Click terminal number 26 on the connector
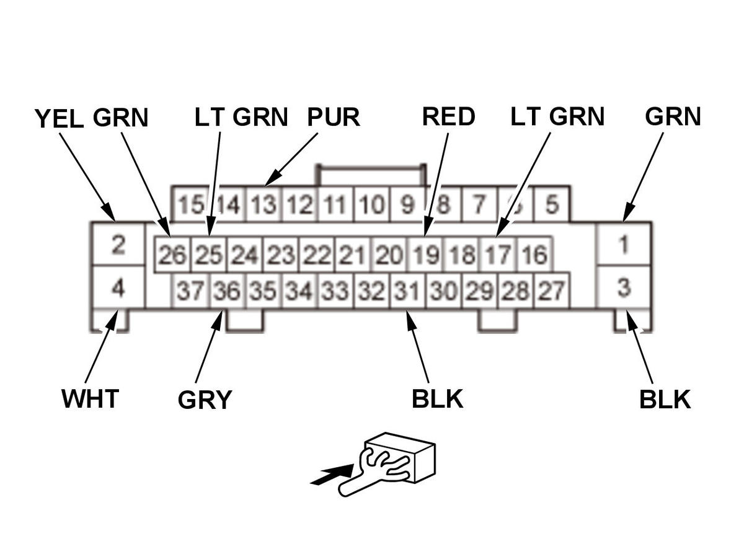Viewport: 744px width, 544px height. (172, 255)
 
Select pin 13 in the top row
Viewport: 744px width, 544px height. (264, 204)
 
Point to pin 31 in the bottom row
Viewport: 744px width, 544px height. (407, 290)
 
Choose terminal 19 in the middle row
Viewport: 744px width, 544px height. (425, 255)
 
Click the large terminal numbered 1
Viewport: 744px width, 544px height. (623, 245)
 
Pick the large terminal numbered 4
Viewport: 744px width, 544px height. (118, 288)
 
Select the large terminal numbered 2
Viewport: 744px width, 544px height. (118, 245)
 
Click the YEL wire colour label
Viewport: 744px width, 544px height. (59, 118)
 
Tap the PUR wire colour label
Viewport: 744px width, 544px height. (334, 117)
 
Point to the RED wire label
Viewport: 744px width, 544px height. (448, 117)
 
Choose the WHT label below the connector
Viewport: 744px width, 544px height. (90, 399)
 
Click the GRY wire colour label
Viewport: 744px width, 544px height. (205, 400)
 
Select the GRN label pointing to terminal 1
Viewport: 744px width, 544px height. (673, 117)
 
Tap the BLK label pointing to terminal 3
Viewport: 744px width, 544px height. (665, 400)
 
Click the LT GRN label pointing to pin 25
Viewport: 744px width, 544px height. (241, 117)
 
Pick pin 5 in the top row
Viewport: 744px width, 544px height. (551, 204)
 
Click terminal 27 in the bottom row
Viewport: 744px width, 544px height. (551, 290)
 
